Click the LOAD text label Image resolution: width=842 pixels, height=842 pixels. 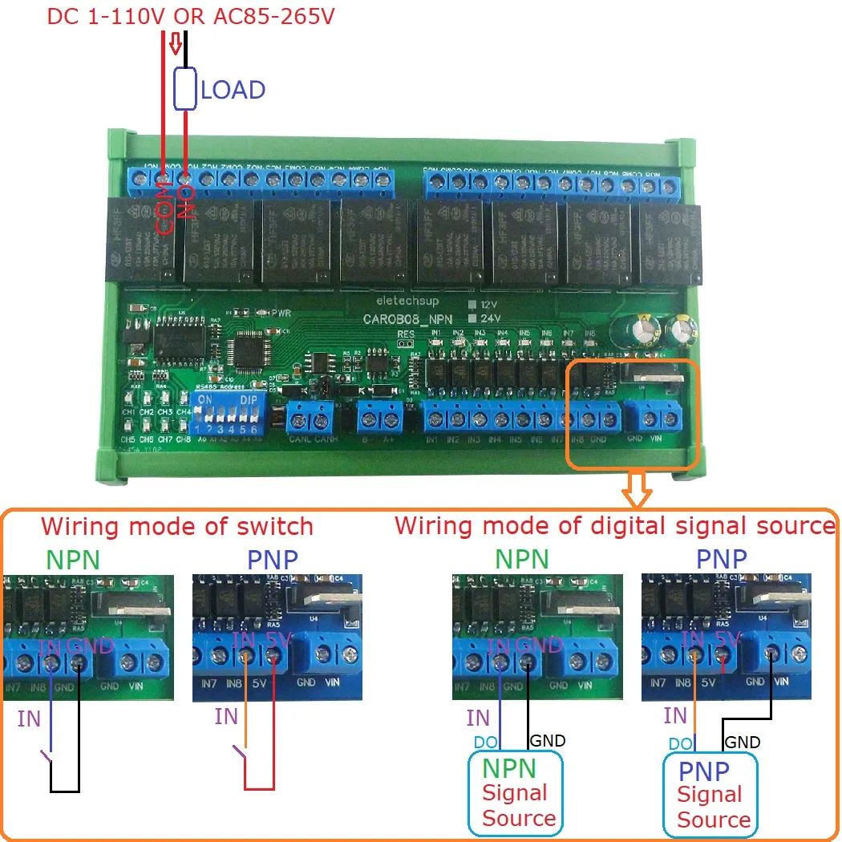(x=233, y=90)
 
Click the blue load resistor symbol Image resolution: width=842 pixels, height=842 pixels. (x=186, y=88)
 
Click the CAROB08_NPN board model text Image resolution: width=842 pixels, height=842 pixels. (x=409, y=318)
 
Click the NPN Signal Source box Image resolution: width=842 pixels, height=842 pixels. (x=516, y=793)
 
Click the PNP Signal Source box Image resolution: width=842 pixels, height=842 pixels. (x=710, y=795)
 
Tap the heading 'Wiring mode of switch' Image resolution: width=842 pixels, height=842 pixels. (x=176, y=527)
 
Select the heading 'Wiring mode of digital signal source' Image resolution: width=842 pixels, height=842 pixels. (x=614, y=526)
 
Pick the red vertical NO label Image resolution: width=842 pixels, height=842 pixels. (x=186, y=201)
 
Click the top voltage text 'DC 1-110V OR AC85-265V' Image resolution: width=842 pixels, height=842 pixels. (x=191, y=16)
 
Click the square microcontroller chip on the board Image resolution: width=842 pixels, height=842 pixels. (x=247, y=352)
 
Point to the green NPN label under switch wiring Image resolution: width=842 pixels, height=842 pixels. (x=73, y=560)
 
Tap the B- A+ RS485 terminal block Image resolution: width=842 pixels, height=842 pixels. (x=380, y=418)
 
